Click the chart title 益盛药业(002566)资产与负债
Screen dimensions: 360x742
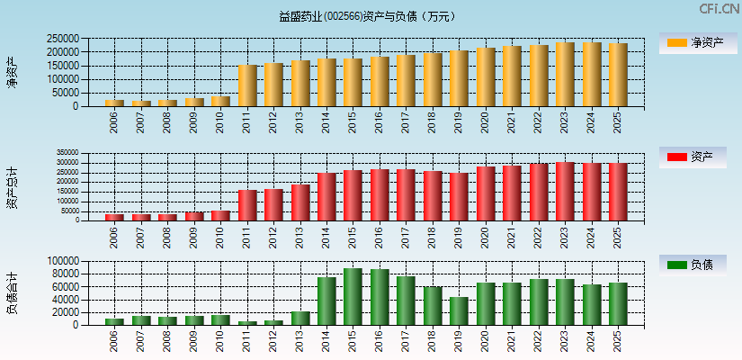point(367,16)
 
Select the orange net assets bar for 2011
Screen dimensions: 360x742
point(248,85)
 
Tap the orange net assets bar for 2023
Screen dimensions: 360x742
point(565,75)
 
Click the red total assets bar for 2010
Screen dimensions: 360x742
point(221,215)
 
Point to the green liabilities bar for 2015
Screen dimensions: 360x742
point(353,296)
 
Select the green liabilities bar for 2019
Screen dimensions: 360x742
point(459,310)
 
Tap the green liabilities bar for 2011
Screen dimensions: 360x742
point(248,322)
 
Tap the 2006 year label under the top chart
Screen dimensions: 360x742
point(115,122)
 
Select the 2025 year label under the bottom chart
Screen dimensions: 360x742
point(618,341)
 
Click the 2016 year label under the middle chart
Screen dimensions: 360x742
point(380,237)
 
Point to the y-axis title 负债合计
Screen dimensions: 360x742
point(13,292)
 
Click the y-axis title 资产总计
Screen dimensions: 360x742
point(13,188)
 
